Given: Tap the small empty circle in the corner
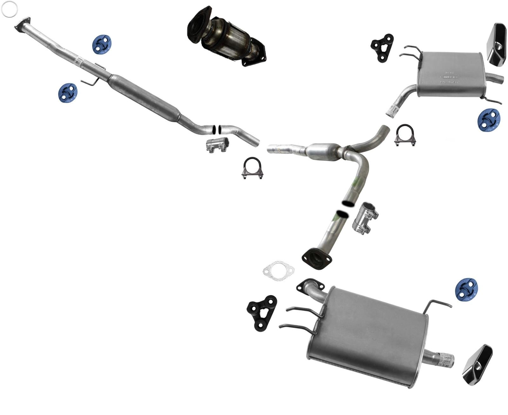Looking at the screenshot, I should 10,9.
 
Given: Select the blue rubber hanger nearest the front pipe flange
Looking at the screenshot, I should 102,45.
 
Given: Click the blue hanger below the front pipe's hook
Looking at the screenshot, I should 68,93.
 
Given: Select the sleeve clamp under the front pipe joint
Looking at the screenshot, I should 217,145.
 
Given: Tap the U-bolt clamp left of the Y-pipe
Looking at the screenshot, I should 252,168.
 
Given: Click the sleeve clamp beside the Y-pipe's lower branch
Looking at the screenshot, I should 365,218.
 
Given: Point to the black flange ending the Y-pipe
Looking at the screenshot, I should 317,259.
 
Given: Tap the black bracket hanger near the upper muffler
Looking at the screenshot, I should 382,48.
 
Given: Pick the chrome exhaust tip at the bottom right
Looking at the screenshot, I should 477,365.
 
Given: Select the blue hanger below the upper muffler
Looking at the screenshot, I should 489,120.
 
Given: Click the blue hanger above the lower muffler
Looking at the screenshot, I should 466,289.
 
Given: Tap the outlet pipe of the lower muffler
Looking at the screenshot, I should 440,360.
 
